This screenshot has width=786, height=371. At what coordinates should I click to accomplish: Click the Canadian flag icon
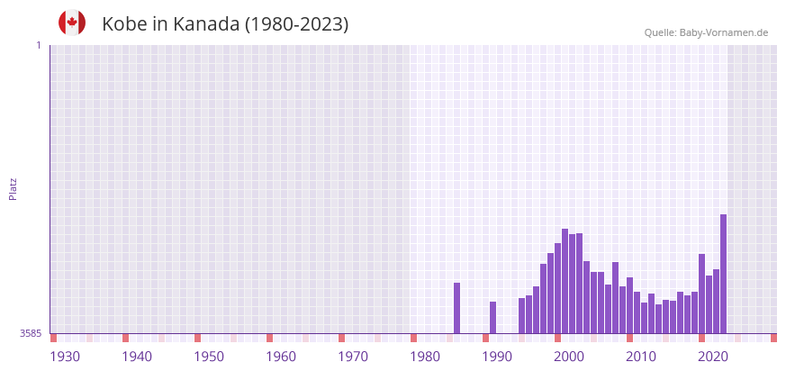click(x=72, y=23)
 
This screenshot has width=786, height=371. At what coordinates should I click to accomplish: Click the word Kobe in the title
click(x=124, y=24)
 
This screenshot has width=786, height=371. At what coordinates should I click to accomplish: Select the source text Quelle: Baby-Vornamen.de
click(x=706, y=32)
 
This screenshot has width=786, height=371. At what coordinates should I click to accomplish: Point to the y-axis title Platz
click(x=13, y=188)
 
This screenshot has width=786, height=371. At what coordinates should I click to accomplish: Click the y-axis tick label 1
click(x=38, y=45)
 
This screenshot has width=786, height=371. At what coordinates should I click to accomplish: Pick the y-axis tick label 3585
click(x=30, y=333)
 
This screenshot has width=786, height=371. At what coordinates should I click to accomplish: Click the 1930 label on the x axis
click(x=65, y=357)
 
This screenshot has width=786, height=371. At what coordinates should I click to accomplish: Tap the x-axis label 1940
click(x=137, y=357)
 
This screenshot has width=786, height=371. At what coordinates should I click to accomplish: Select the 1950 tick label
click(x=209, y=357)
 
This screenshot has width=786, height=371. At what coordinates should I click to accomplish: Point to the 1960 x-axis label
click(x=281, y=357)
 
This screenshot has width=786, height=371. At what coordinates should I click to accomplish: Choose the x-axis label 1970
click(x=353, y=357)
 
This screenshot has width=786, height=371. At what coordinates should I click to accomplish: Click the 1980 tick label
click(x=425, y=357)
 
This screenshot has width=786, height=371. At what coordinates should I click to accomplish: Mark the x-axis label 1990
click(x=497, y=357)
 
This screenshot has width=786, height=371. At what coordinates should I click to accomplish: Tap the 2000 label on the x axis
click(x=569, y=357)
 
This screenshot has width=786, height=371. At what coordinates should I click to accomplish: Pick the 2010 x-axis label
click(x=641, y=357)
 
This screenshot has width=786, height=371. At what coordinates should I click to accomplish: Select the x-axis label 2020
click(x=713, y=357)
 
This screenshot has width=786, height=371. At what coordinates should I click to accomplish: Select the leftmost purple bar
click(x=456, y=308)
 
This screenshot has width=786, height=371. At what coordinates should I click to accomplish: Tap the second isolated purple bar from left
click(x=492, y=317)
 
